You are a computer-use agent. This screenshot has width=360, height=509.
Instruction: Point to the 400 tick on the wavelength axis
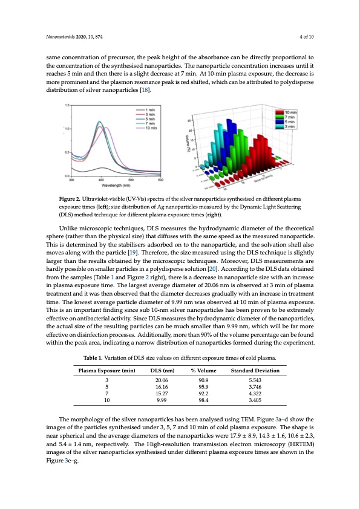pyautogui.click(x=101, y=180)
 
